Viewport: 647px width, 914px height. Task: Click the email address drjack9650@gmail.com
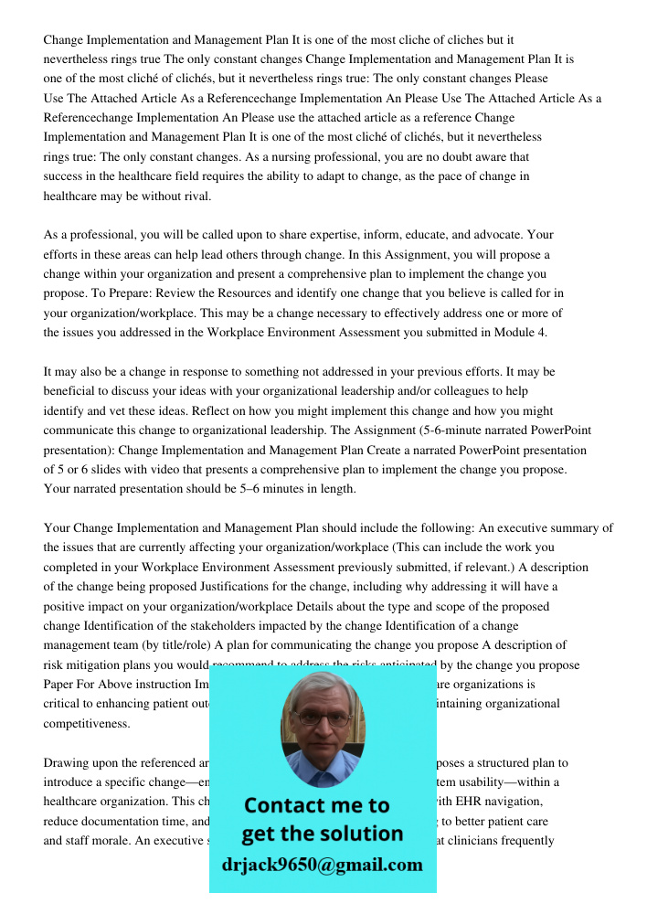(322, 864)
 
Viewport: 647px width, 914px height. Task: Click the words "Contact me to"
(316, 805)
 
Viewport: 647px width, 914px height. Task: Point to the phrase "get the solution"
(322, 834)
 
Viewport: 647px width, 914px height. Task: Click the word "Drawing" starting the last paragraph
(66, 762)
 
